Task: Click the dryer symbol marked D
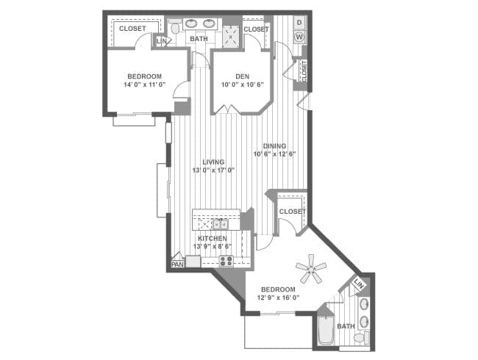(299, 23)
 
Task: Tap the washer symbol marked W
(299, 37)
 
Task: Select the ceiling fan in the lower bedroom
(311, 269)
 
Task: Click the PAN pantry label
(177, 264)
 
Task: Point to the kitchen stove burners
(226, 262)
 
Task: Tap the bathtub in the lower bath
(326, 331)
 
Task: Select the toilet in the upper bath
(174, 27)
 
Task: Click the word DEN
(243, 76)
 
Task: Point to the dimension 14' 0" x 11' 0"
(144, 84)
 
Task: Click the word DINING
(274, 146)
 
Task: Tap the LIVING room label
(213, 162)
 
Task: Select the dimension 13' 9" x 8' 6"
(213, 246)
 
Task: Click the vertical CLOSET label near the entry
(304, 71)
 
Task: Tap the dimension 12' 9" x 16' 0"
(278, 298)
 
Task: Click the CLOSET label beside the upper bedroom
(132, 29)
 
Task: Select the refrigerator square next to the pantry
(193, 262)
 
